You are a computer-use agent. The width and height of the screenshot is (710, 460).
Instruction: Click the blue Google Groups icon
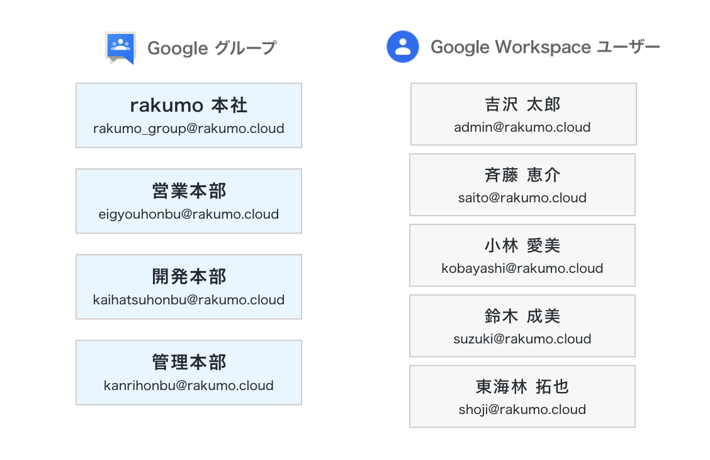(x=120, y=48)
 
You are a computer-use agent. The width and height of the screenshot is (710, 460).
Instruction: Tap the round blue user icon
(x=403, y=47)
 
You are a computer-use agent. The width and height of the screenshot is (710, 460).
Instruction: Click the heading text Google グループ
(x=212, y=48)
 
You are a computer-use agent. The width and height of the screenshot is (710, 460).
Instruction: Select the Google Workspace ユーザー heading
(x=545, y=47)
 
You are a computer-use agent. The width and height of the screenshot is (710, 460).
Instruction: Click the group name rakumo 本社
(x=189, y=105)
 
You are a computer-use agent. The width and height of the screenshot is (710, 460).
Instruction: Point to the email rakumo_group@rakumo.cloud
(x=189, y=129)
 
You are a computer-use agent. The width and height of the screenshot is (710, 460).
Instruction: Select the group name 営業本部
(x=189, y=191)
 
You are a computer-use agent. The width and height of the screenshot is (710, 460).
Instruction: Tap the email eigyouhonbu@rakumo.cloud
(x=189, y=214)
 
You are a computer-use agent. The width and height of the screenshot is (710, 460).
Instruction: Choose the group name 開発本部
(x=189, y=277)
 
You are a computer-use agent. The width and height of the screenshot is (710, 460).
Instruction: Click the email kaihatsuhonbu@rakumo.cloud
(x=189, y=299)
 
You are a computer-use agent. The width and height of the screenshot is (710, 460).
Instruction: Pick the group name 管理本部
(x=189, y=362)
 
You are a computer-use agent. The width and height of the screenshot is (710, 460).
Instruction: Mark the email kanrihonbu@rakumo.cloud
(x=189, y=386)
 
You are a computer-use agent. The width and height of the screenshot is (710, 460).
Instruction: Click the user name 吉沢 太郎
(x=522, y=104)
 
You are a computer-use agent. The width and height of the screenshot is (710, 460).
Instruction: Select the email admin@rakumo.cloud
(x=522, y=127)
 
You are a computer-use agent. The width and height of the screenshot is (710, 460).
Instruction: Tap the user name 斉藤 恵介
(x=522, y=175)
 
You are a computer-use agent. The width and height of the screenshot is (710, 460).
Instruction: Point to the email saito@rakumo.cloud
(x=522, y=198)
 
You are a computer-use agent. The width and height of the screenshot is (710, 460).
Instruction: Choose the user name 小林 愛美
(x=522, y=246)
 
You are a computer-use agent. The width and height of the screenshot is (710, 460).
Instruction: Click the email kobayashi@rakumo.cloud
(x=522, y=268)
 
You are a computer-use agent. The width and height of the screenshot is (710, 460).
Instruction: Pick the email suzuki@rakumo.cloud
(x=522, y=339)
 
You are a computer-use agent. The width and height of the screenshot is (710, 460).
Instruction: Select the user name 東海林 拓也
(x=522, y=386)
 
